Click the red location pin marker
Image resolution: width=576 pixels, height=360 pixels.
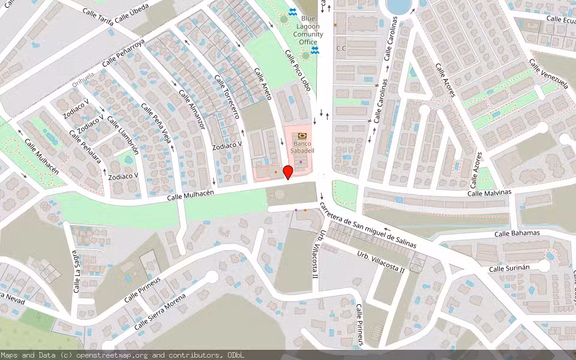288,172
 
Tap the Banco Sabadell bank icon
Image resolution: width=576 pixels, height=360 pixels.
301,136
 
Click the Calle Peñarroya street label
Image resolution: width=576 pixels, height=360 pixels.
124,53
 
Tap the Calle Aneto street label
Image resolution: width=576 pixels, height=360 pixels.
263,83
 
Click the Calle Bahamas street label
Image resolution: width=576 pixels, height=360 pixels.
517,233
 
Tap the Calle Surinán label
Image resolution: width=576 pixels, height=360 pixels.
511,268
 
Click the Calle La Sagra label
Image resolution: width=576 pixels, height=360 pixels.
76,272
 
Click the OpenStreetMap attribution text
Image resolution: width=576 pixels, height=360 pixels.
122,355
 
